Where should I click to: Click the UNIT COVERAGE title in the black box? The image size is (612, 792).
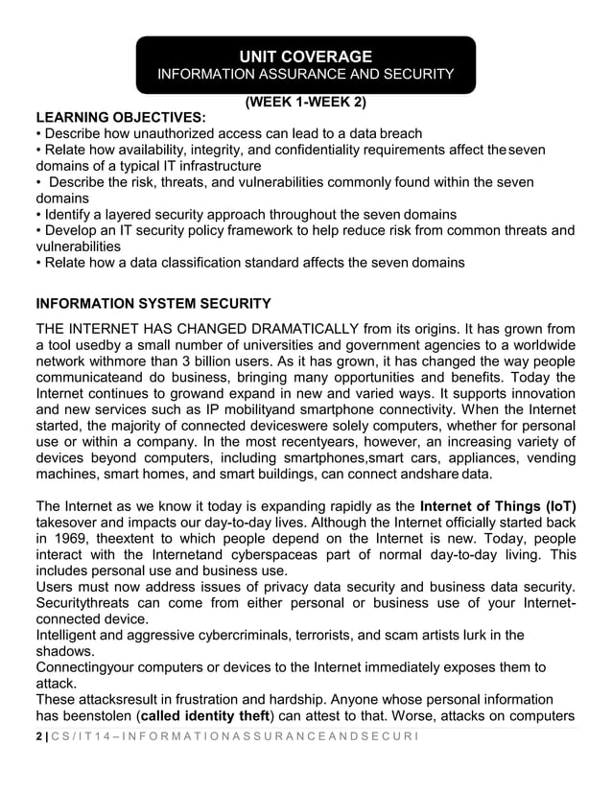pyautogui.click(x=305, y=56)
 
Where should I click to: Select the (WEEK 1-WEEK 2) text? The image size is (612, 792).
pyautogui.click(x=306, y=102)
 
